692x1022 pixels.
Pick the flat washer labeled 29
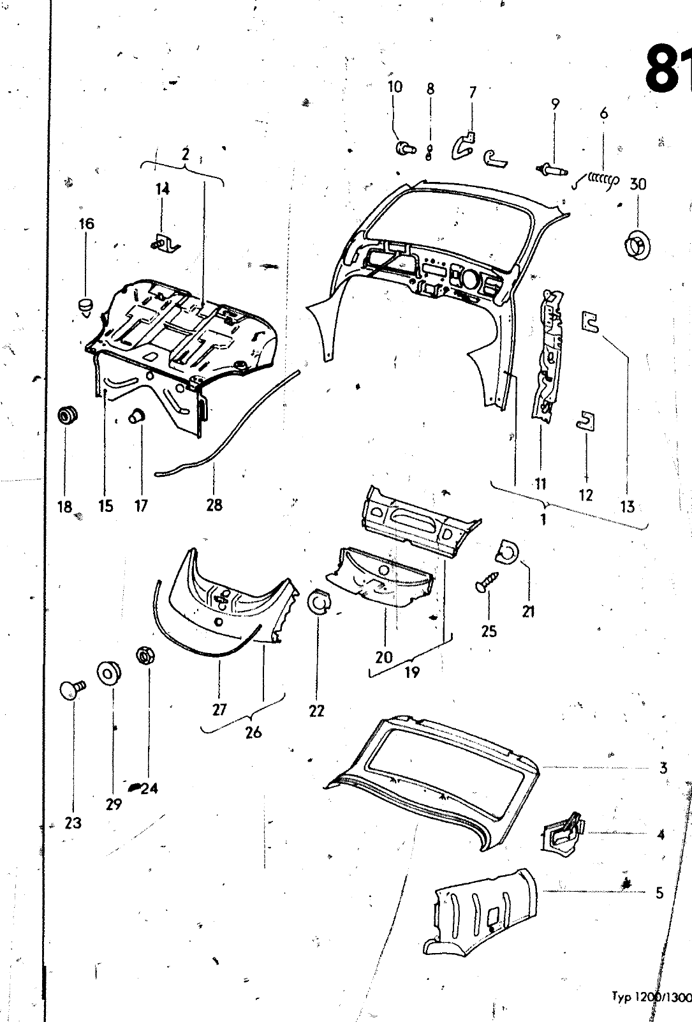(110, 672)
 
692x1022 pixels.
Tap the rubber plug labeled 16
(86, 306)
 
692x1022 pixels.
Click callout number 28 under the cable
(214, 504)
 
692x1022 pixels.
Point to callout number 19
(412, 672)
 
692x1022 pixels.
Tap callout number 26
(253, 732)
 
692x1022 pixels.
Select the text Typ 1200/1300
(651, 996)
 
